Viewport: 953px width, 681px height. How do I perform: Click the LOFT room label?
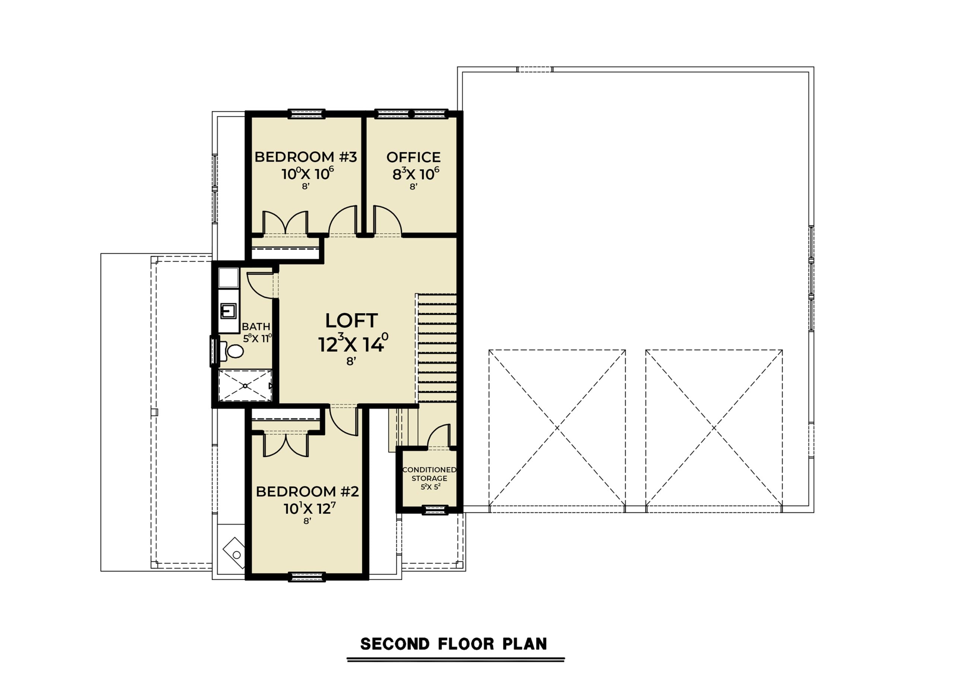pyautogui.click(x=351, y=321)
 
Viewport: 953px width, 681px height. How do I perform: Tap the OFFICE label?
pyautogui.click(x=413, y=157)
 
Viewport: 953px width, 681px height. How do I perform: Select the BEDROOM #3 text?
pyautogui.click(x=306, y=157)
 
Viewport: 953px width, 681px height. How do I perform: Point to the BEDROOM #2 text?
pyautogui.click(x=307, y=491)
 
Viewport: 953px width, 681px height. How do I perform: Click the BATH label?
pyautogui.click(x=256, y=326)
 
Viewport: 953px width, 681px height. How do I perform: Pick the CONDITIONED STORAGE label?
pyautogui.click(x=429, y=474)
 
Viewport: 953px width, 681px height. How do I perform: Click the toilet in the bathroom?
pyautogui.click(x=232, y=351)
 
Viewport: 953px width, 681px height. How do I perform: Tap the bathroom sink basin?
pyautogui.click(x=229, y=311)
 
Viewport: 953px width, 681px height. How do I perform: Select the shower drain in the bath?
pyautogui.click(x=245, y=386)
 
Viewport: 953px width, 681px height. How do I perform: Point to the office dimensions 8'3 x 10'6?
pyautogui.click(x=415, y=174)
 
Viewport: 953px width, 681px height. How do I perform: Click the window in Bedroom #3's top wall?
pyautogui.click(x=306, y=114)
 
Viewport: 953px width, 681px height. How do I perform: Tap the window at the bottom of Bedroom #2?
pyautogui.click(x=306, y=577)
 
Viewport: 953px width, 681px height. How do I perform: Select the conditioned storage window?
pyautogui.click(x=435, y=510)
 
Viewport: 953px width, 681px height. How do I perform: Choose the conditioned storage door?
pyautogui.click(x=439, y=436)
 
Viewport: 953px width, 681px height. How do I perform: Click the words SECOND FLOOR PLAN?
pyautogui.click(x=454, y=644)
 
